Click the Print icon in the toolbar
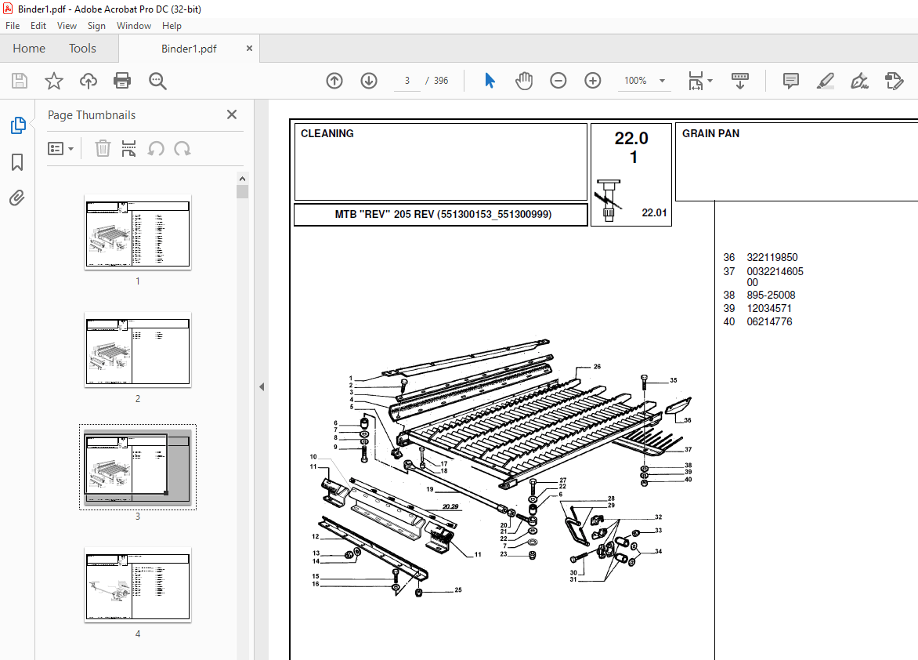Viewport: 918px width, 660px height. [x=122, y=81]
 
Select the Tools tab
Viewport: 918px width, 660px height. [x=82, y=49]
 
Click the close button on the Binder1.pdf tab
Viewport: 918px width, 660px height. [x=250, y=49]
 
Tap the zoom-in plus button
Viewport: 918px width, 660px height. [x=593, y=81]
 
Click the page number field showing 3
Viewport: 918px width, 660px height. [x=407, y=81]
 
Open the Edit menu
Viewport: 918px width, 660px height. [x=38, y=26]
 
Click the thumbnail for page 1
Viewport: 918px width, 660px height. [x=138, y=232]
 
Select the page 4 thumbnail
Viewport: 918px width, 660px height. [x=138, y=585]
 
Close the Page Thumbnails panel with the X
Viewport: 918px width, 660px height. [x=232, y=115]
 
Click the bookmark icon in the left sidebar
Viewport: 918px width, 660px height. [x=17, y=162]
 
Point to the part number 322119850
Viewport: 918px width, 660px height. [x=772, y=258]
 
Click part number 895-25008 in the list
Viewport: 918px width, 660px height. [x=771, y=296]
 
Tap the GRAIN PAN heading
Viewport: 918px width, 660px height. [x=710, y=134]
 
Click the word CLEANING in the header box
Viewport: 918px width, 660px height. [x=327, y=134]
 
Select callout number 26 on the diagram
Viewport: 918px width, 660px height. [x=597, y=367]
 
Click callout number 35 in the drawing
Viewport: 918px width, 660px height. [x=673, y=381]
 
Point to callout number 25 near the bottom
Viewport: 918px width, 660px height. [x=458, y=590]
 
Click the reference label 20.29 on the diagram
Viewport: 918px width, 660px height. [x=450, y=507]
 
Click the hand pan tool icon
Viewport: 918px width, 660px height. [x=524, y=81]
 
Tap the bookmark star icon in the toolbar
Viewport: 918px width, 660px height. [x=53, y=81]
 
